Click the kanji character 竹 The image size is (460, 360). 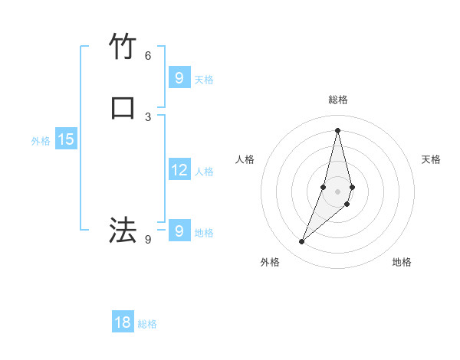click(x=123, y=47)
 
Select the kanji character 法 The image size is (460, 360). click(x=123, y=231)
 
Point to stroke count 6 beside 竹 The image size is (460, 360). click(x=148, y=55)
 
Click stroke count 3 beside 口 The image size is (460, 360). click(x=148, y=116)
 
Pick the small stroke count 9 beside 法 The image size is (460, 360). click(x=148, y=239)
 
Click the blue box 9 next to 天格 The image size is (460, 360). click(x=179, y=77)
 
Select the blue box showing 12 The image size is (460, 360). click(x=179, y=169)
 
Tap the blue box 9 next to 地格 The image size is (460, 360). click(x=179, y=231)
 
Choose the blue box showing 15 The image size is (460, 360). click(x=65, y=139)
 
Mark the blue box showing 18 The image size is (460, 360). click(x=123, y=322)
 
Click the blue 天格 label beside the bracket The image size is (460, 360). click(x=204, y=80)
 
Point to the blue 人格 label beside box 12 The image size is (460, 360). click(x=204, y=172)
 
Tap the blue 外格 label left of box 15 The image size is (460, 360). click(x=41, y=141)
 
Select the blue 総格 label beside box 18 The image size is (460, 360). click(x=147, y=325)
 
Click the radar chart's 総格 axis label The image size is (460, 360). click(x=337, y=100)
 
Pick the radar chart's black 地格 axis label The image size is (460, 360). click(x=402, y=263)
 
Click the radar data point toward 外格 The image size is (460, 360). click(x=301, y=242)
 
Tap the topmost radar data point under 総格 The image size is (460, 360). click(x=337, y=129)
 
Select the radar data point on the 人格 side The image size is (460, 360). click(x=324, y=187)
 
